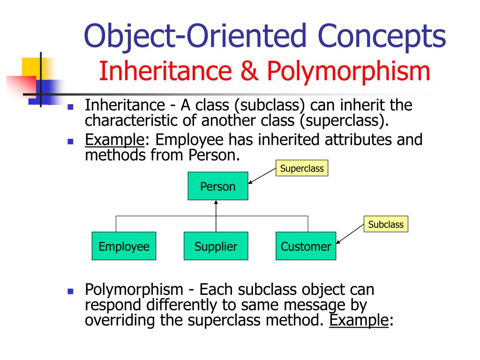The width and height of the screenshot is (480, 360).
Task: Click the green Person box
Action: click(217, 187)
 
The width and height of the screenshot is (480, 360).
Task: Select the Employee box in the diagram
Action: click(124, 246)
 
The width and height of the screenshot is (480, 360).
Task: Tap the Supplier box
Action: click(216, 246)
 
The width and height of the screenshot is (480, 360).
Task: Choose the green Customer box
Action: click(306, 246)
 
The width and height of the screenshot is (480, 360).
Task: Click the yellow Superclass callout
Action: click(302, 168)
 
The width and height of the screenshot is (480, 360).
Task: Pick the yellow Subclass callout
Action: click(386, 224)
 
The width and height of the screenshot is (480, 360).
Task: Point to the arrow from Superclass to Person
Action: click(262, 176)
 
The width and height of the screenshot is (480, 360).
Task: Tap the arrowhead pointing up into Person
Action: click(216, 203)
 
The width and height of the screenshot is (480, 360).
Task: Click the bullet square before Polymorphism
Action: click(71, 291)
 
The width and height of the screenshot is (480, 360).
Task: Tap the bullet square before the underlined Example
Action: click(71, 141)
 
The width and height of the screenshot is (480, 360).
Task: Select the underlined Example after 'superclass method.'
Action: click(359, 320)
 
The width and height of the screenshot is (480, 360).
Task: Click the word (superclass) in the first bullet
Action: click(345, 120)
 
